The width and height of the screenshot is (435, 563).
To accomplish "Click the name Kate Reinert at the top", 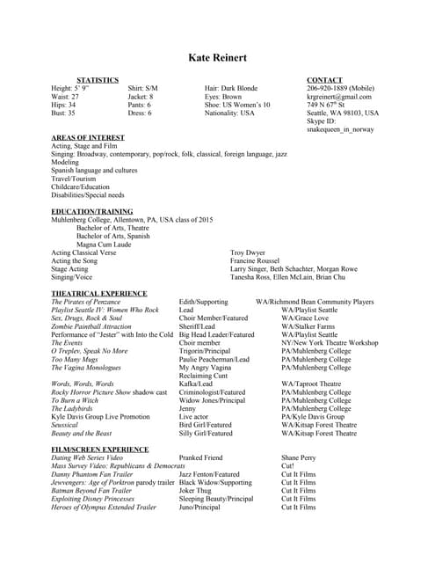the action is pyautogui.click(x=217, y=58).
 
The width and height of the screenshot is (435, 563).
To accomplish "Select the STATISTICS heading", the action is pyautogui.click(x=98, y=80).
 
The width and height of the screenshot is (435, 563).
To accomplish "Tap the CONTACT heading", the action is pyautogui.click(x=324, y=80).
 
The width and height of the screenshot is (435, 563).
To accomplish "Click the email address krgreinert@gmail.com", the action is pyautogui.click(x=339, y=97).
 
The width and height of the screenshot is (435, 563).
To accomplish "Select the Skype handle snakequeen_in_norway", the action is pyautogui.click(x=339, y=129).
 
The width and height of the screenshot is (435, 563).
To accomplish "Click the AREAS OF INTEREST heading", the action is pyautogui.click(x=88, y=138).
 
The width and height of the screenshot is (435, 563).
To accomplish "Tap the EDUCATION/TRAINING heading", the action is pyautogui.click(x=92, y=212).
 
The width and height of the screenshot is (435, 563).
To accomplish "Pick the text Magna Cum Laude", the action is pyautogui.click(x=103, y=245).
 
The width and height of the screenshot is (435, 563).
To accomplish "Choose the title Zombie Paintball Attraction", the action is pyautogui.click(x=91, y=326).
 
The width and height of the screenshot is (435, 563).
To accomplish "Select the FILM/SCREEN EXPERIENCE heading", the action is pyautogui.click(x=100, y=450).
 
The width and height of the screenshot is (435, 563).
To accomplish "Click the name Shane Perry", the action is pyautogui.click(x=298, y=458).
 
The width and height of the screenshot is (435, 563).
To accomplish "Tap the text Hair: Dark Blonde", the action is pyautogui.click(x=231, y=89).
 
